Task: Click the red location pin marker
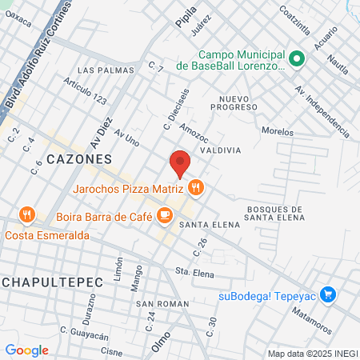click(x=180, y=163)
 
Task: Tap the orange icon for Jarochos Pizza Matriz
click(x=197, y=189)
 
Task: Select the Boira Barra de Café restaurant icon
click(x=165, y=214)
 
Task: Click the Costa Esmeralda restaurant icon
click(x=28, y=214)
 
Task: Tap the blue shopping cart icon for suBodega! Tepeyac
click(x=326, y=294)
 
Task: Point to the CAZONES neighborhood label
click(x=79, y=159)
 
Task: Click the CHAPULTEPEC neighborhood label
click(x=41, y=283)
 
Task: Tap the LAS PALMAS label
click(x=98, y=70)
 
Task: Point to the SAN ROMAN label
click(x=162, y=304)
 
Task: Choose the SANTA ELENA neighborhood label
click(x=210, y=225)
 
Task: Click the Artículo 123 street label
click(x=84, y=93)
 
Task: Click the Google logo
click(x=26, y=350)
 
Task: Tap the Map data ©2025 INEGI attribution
click(x=312, y=354)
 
